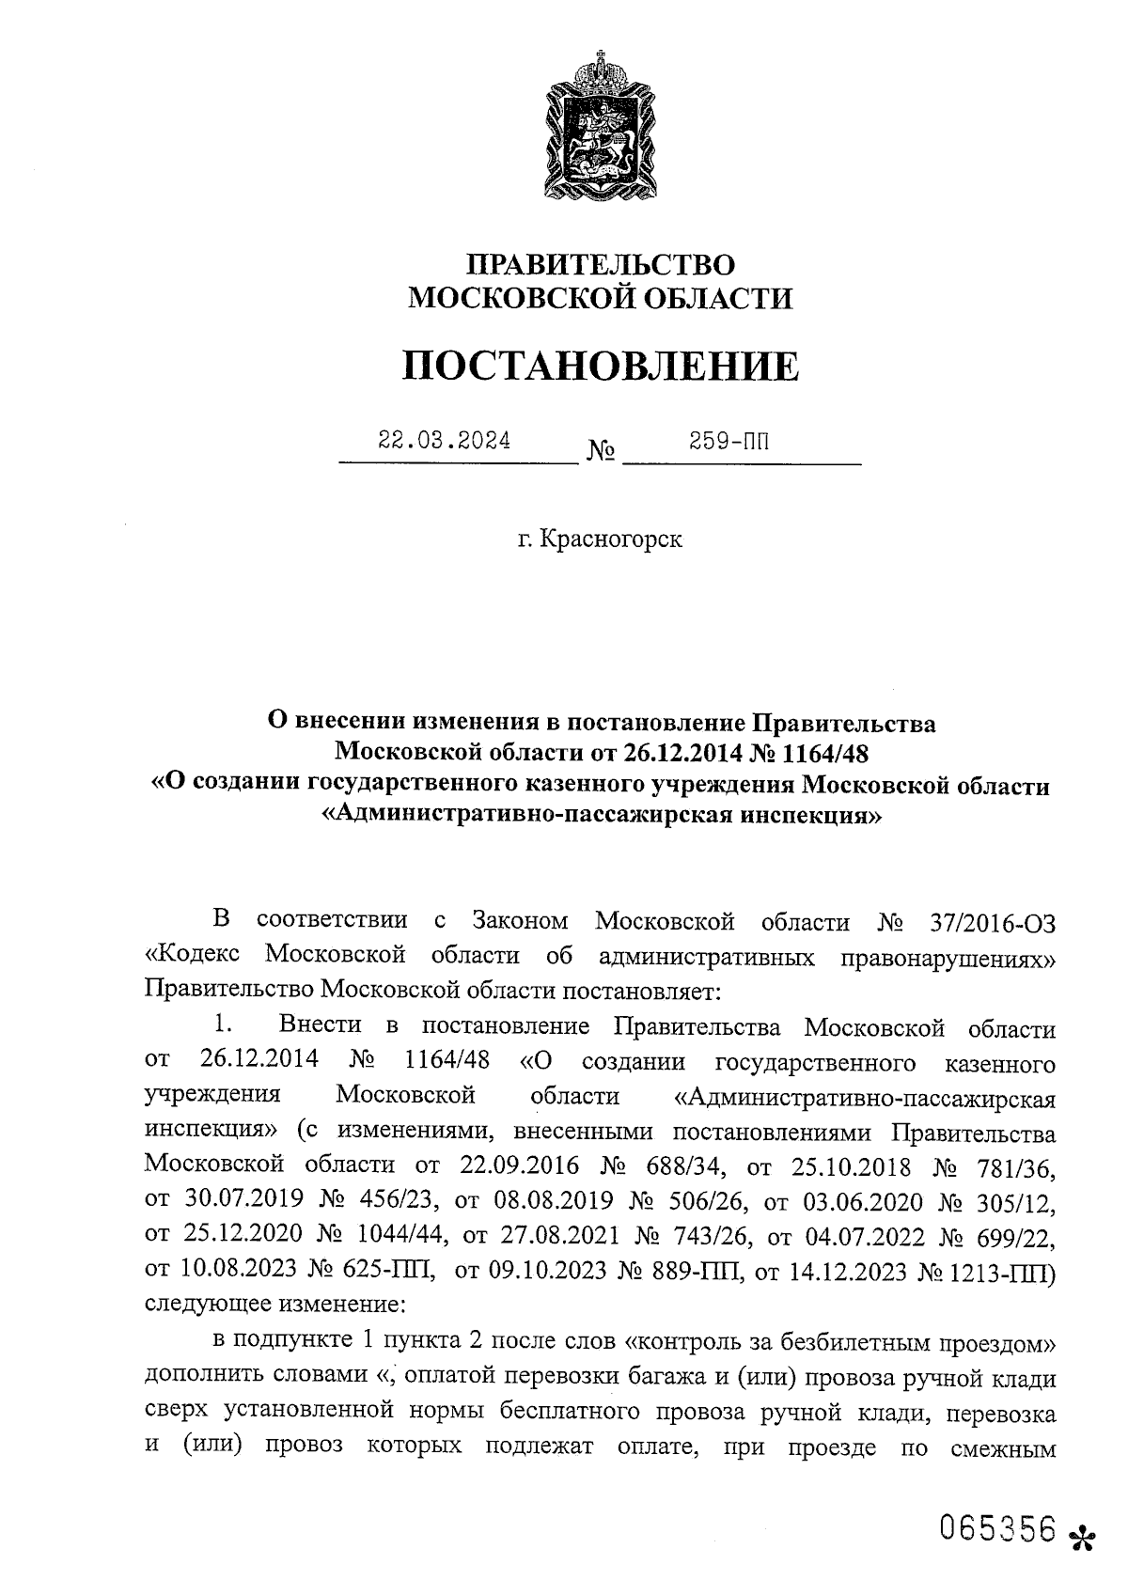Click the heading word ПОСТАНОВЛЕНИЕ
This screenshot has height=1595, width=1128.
point(601,366)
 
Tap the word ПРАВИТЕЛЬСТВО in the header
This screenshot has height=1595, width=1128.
point(601,265)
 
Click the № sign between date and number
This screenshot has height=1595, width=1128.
point(602,453)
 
